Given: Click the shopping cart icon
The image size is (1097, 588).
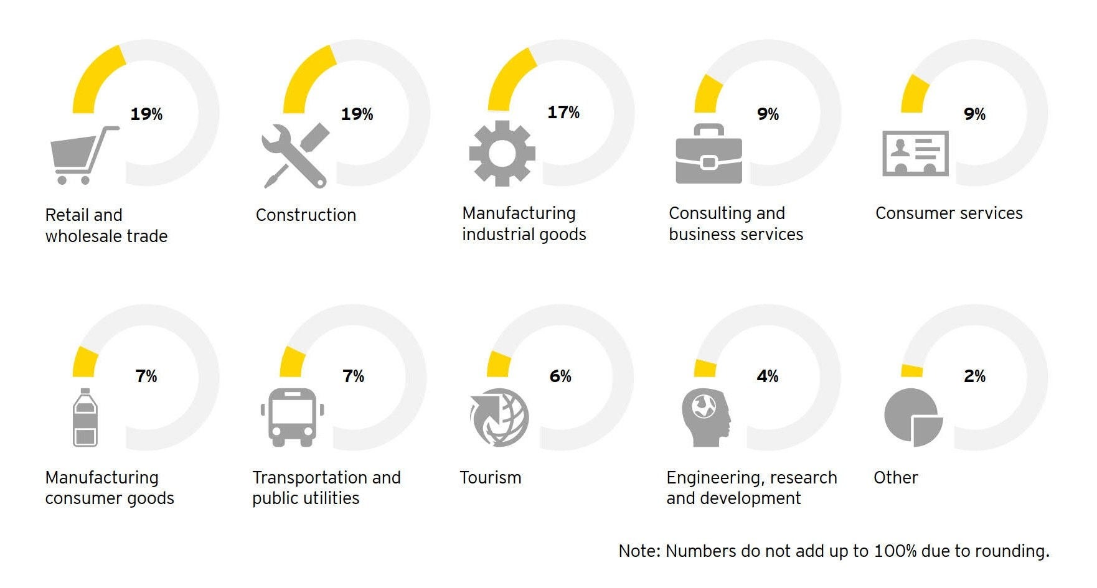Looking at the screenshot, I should click(x=81, y=156).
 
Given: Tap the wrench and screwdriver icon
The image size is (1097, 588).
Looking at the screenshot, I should click(x=294, y=156).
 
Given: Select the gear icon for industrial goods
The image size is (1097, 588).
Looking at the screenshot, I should click(x=502, y=153).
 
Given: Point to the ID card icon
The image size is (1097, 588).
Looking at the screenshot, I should click(x=915, y=153).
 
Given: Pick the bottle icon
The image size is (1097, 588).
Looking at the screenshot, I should click(x=85, y=418).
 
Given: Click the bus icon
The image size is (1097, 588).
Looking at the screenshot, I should click(x=292, y=417).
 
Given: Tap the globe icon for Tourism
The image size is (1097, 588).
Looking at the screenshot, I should click(x=499, y=418).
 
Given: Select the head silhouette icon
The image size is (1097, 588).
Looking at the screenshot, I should click(x=705, y=418).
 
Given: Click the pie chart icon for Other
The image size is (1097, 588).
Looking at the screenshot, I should click(x=913, y=418).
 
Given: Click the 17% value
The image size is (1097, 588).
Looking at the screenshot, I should click(x=563, y=113).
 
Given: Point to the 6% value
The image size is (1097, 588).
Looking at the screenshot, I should click(x=560, y=376).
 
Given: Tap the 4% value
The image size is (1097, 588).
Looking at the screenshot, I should click(x=767, y=376).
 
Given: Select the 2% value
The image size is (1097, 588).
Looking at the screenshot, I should click(x=974, y=376).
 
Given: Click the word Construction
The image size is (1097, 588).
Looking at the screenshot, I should click(x=306, y=215).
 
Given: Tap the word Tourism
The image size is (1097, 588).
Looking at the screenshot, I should click(x=490, y=478).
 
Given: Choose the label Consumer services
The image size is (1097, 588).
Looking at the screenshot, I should click(x=948, y=213).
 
